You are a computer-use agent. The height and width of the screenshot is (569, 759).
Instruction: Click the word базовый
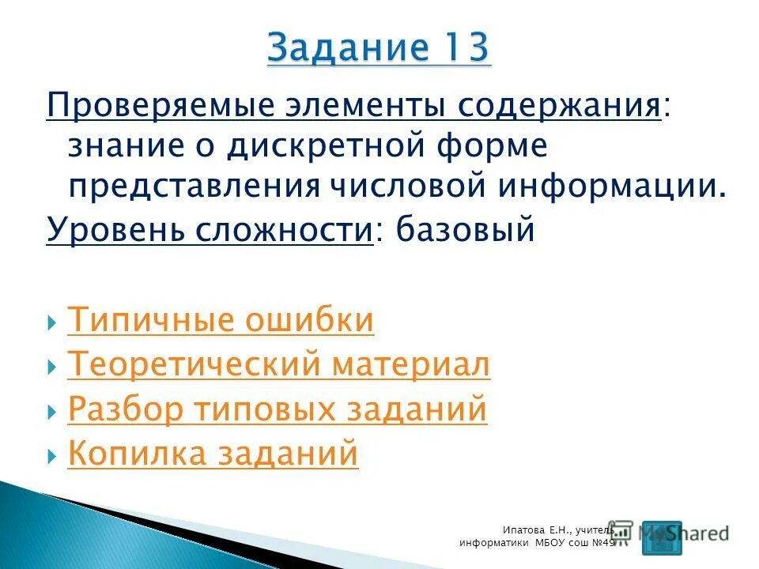pyautogui.click(x=467, y=230)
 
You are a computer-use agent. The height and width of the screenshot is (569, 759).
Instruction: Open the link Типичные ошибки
pyautogui.click(x=221, y=321)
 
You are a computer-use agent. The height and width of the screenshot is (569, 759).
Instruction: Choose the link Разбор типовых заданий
pyautogui.click(x=278, y=409)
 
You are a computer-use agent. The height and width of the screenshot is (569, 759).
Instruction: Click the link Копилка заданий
pyautogui.click(x=213, y=454)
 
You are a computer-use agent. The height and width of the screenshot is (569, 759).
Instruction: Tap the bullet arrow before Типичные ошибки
pyautogui.click(x=51, y=322)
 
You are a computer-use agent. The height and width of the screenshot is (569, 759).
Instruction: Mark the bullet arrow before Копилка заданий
pyautogui.click(x=51, y=455)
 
